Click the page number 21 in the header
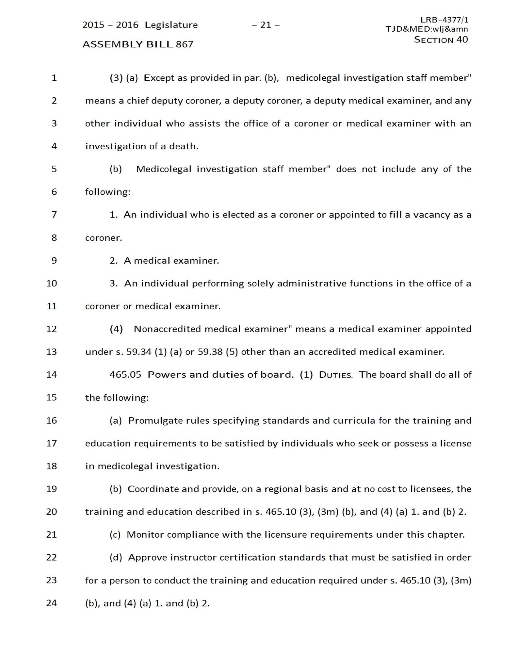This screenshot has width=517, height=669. point(266,25)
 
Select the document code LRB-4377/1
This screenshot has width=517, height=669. point(444,20)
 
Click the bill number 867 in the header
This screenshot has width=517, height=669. point(185,44)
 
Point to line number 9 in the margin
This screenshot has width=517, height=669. point(54,261)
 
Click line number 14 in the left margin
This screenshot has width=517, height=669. point(52,375)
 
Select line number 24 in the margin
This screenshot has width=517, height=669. point(52,603)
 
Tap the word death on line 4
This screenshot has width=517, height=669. point(184,146)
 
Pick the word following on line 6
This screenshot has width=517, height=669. point(107,192)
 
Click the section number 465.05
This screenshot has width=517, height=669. point(125,375)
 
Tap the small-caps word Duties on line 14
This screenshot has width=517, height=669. point(335,375)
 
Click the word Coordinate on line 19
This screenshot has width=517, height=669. point(153,489)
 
